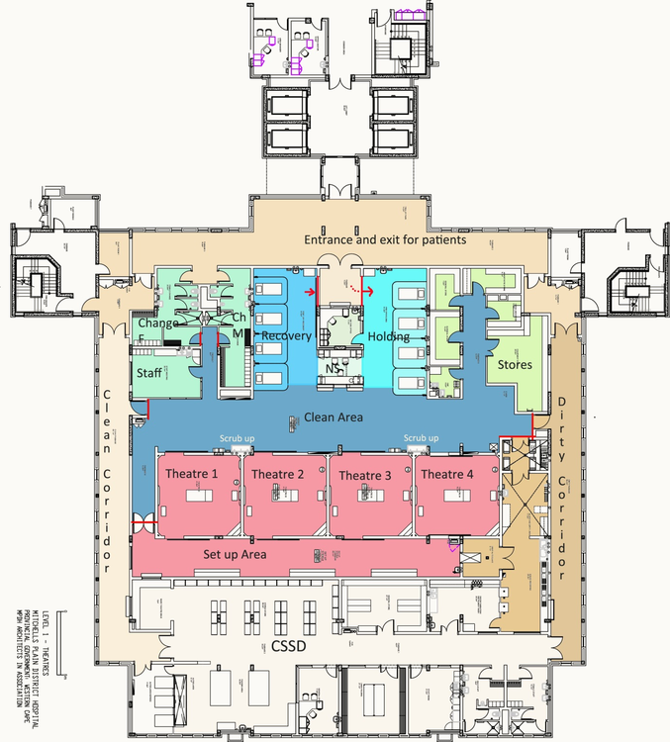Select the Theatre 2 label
pos(277,475)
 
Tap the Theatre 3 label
pos(365,476)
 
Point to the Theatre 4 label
pos(446,475)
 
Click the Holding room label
pos(388,337)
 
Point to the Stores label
pos(515,364)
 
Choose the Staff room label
pos(149,372)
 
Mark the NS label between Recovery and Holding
pos(334,369)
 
